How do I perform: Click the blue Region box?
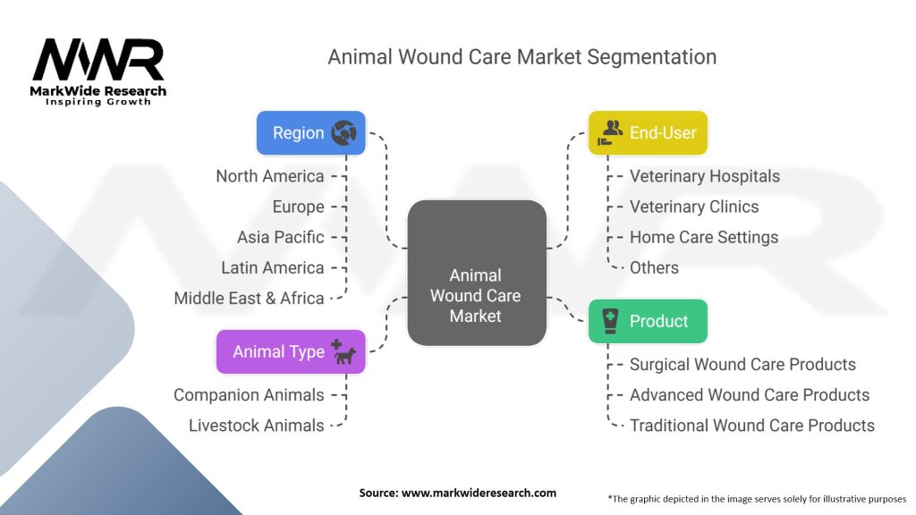pos(310,133)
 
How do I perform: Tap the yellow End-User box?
pos(648,133)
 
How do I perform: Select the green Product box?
pos(648,321)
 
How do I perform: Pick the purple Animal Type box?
pos(291,351)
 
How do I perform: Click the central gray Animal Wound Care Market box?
pos(477,273)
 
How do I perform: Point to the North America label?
pos(270,176)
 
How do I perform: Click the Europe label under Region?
pos(298,207)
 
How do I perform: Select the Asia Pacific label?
pos(280,238)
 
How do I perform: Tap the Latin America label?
pos(272,268)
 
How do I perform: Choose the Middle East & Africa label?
pos(249,299)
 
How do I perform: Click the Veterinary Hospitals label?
pos(705,176)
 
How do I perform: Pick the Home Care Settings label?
pos(704,238)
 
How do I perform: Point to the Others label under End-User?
pos(654,268)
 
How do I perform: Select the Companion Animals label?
pos(249,395)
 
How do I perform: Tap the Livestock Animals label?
pos(256,426)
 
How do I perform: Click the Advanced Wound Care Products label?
pos(750,395)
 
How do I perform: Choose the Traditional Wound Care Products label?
pos(751,426)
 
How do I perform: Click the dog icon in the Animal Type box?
pos(343,352)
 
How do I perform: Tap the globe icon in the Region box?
pos(343,133)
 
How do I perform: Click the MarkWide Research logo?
pos(98,72)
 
